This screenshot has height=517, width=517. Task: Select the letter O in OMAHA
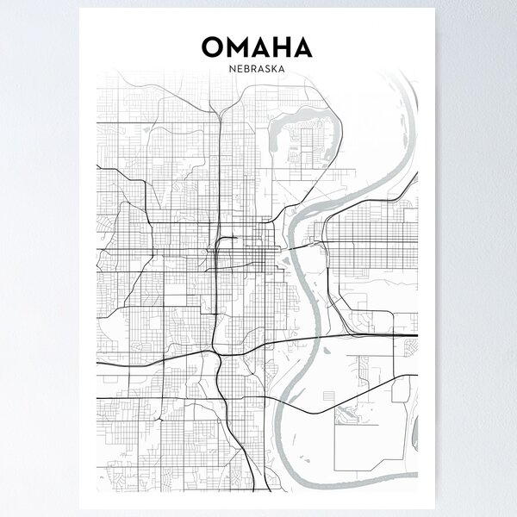pos(212,45)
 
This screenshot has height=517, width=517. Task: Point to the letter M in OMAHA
pos(237,45)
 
